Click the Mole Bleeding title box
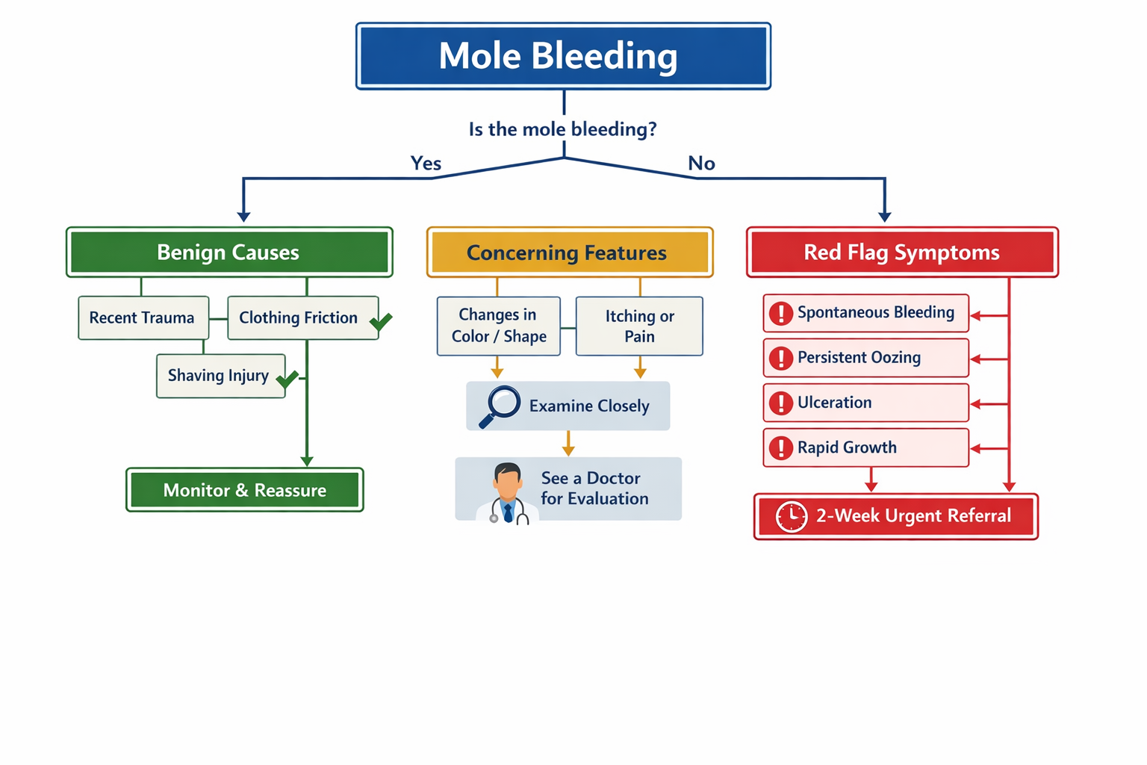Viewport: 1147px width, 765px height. (563, 56)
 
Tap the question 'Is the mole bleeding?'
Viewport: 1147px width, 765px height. (562, 129)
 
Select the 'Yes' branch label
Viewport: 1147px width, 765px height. (426, 163)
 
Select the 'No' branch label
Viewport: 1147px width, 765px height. (701, 163)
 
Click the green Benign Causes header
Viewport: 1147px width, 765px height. (229, 253)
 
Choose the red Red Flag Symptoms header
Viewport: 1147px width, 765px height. (902, 253)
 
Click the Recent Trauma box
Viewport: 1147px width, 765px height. (143, 318)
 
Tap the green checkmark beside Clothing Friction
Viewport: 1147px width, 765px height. (381, 321)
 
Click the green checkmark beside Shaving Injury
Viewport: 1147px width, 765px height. (287, 380)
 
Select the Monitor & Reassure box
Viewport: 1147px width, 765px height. (245, 490)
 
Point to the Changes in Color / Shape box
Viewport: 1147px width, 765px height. (498, 326)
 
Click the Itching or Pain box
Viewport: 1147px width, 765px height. (639, 326)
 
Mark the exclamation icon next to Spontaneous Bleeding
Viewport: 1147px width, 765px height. (781, 313)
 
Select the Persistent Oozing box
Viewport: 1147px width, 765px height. (865, 358)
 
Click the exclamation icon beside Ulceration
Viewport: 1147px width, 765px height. (781, 403)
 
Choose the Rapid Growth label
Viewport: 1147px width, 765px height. (847, 447)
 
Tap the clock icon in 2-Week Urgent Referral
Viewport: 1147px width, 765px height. (791, 516)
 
